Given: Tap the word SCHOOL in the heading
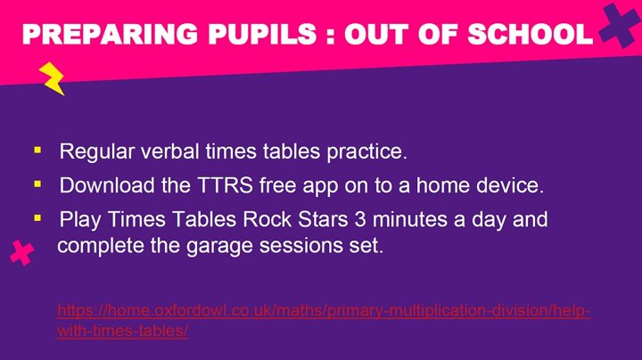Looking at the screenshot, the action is click(x=531, y=34).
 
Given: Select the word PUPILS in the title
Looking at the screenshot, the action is click(x=262, y=34).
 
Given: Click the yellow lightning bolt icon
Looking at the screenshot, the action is click(x=52, y=78).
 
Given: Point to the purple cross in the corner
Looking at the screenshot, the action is click(x=620, y=25).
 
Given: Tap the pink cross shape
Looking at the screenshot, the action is click(x=22, y=252).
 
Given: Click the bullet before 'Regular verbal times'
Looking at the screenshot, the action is click(x=37, y=150).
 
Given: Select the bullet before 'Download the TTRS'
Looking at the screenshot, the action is click(x=37, y=184).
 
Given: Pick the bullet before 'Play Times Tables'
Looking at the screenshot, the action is click(x=37, y=218).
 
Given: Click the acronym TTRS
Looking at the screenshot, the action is click(x=226, y=185).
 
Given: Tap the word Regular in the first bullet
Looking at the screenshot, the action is click(x=96, y=151).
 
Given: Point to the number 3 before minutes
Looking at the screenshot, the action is click(x=360, y=219).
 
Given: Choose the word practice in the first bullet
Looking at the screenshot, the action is click(x=366, y=151).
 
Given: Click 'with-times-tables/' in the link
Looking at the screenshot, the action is click(x=123, y=331).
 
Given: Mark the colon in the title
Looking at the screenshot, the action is click(x=331, y=36).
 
